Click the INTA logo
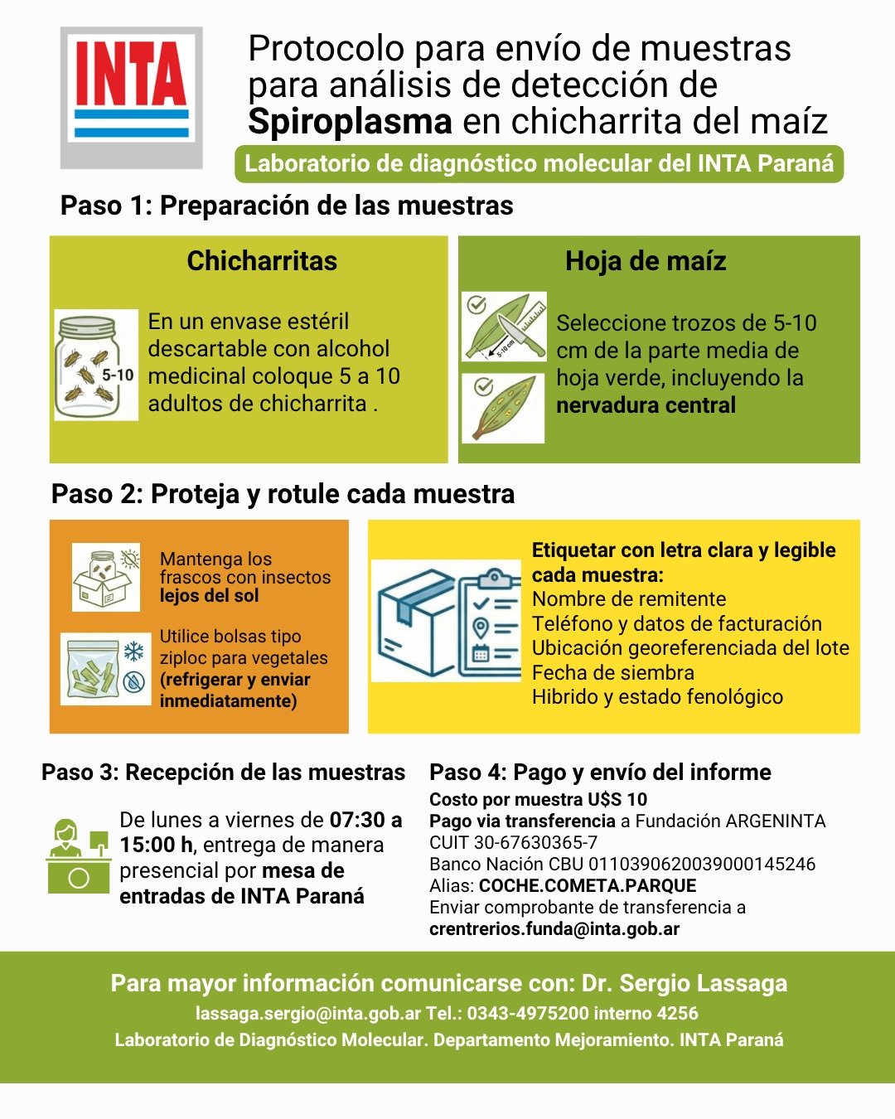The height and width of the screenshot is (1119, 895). coord(132,97)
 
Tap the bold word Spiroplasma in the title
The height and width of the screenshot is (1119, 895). coord(350,122)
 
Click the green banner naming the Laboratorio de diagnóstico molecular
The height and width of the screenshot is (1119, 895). coord(539,163)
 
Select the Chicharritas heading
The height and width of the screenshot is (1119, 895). coord(262,261)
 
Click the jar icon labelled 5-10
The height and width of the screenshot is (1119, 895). coord(96,365)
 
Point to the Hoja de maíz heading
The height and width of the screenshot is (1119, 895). coord(646,261)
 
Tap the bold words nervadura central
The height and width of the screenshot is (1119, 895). coord(646,405)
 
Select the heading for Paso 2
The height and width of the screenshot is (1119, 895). coord(283,494)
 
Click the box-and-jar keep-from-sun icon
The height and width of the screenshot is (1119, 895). coord(105,577)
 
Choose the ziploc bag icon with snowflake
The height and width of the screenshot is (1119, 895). coord(105,668)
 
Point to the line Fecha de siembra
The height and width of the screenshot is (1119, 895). coord(612,672)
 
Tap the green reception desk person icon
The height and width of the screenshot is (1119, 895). coord(78,856)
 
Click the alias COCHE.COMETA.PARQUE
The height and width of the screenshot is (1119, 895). coord(588,886)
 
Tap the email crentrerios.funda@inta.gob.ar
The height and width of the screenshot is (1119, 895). coord(554,929)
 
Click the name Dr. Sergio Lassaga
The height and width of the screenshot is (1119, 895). coord(685,984)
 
